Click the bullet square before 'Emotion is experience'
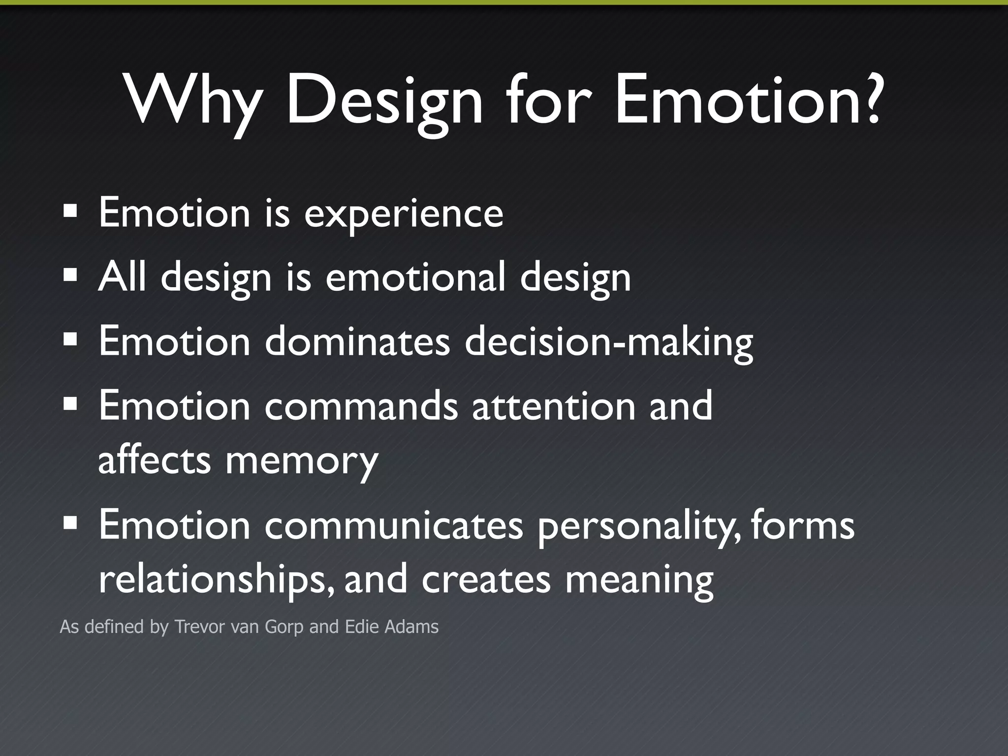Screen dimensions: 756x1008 coord(70,212)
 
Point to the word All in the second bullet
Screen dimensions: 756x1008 coord(122,276)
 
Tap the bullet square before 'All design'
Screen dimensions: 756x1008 coord(70,275)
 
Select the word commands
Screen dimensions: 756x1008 coord(361,406)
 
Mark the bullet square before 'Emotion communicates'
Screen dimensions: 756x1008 coord(70,524)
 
